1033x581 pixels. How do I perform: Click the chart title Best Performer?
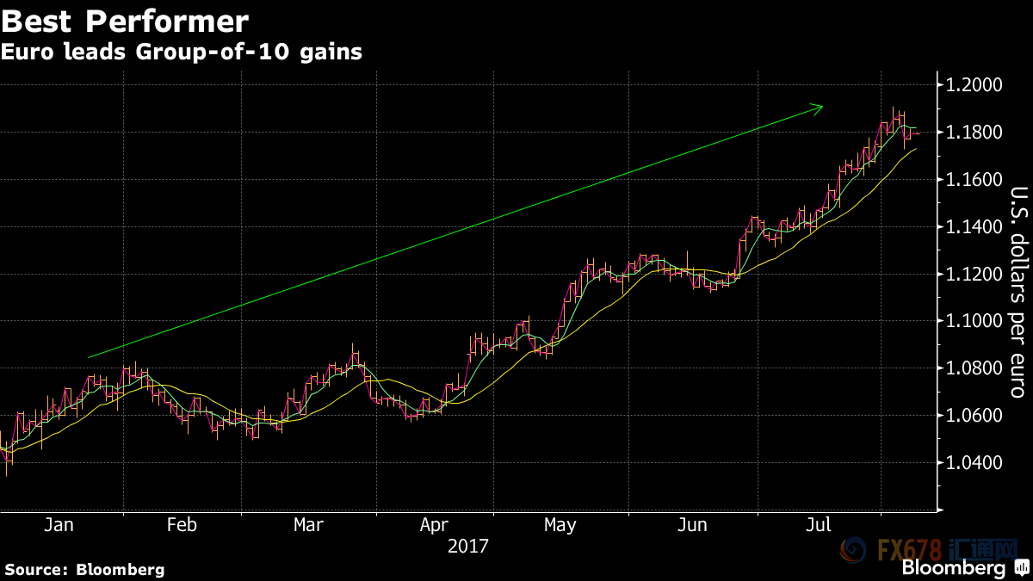tap(126, 20)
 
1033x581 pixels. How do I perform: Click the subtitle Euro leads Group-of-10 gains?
tap(181, 53)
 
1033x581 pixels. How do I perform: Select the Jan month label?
tap(59, 525)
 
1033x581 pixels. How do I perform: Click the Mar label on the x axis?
tap(309, 525)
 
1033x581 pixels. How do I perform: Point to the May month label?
tap(560, 525)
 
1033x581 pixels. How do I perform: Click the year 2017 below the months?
tap(468, 546)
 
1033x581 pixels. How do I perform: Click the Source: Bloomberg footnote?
tap(84, 569)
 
